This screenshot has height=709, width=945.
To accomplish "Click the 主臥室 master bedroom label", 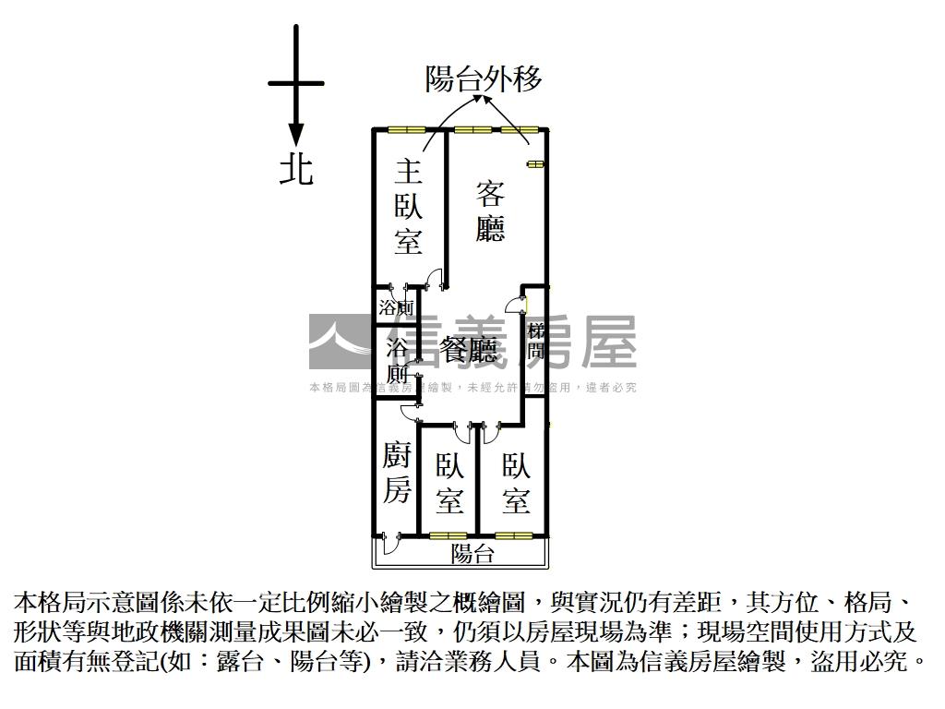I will (408, 208).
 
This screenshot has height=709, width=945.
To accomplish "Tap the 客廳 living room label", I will (490, 211).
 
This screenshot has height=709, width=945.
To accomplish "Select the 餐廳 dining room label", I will (469, 350).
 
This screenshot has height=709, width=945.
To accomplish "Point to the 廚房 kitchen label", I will (397, 473).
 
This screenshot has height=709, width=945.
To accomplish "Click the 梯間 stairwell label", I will (535, 342).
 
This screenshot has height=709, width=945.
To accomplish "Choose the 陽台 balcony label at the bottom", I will (472, 554).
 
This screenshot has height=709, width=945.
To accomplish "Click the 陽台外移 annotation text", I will (483, 79).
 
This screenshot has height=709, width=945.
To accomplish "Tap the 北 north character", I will (296, 169).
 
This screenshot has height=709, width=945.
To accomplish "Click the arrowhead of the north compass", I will (296, 135).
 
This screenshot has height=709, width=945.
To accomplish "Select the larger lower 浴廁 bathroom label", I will (397, 361).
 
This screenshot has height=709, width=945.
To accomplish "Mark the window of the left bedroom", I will (448, 535).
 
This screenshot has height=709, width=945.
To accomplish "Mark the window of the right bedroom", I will (512, 535).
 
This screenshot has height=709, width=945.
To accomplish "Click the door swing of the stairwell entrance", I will (514, 306).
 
